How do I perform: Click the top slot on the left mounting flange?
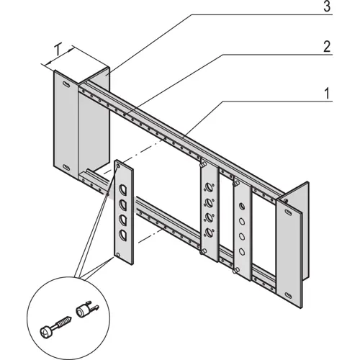point(67,86)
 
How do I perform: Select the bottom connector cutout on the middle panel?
point(210,232)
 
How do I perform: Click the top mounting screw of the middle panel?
point(204,166)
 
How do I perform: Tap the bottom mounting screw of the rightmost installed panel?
point(237,271)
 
